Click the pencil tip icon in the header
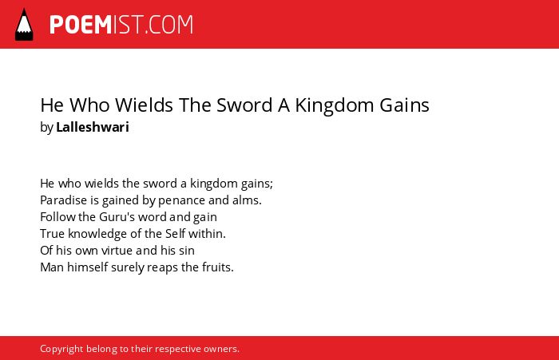24,24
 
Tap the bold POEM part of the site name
81,25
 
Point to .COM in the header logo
168,25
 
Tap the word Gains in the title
404,105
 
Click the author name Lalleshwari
93,127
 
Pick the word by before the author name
46,127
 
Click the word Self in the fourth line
175,233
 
